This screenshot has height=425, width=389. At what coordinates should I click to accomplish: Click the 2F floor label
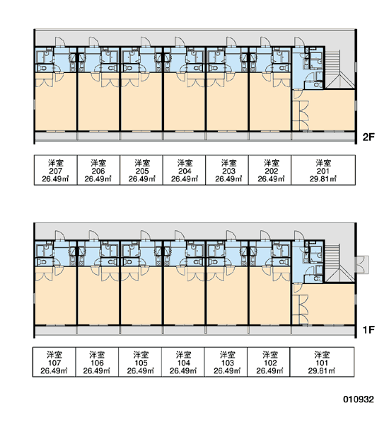368,137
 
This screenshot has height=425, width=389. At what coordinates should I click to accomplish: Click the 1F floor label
368,329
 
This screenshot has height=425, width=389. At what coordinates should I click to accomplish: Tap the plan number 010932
359,399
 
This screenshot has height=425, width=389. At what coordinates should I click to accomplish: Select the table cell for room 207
55,170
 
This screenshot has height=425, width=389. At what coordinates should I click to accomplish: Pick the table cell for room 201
323,170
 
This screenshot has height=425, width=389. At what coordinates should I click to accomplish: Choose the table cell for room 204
184,170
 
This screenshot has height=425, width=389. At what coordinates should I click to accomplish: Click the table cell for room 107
54,362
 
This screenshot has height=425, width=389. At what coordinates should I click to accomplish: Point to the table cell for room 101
322,362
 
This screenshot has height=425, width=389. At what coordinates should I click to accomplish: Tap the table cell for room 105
140,362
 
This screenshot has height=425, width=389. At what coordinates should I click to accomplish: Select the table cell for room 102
269,362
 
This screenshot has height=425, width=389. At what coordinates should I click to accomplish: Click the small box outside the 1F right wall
362,264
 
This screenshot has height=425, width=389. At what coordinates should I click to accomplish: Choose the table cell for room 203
227,170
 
